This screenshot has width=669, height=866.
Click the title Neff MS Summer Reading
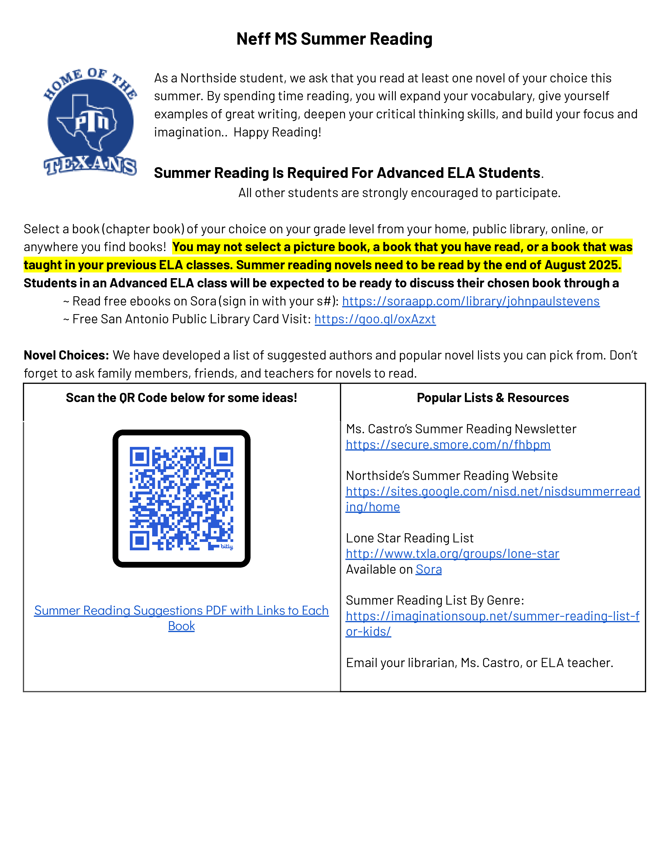334,39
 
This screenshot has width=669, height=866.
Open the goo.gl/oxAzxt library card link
375,319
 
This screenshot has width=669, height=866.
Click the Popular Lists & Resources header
493,398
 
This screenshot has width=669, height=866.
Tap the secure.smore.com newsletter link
448,445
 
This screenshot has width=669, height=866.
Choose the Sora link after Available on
428,569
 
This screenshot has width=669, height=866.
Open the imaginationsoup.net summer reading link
492,616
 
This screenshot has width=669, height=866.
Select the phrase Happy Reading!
277,132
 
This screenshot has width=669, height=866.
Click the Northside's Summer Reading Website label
452,476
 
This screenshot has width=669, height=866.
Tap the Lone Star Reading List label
410,538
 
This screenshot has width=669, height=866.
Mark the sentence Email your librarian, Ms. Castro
479,663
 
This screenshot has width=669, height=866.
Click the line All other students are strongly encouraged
399,193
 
